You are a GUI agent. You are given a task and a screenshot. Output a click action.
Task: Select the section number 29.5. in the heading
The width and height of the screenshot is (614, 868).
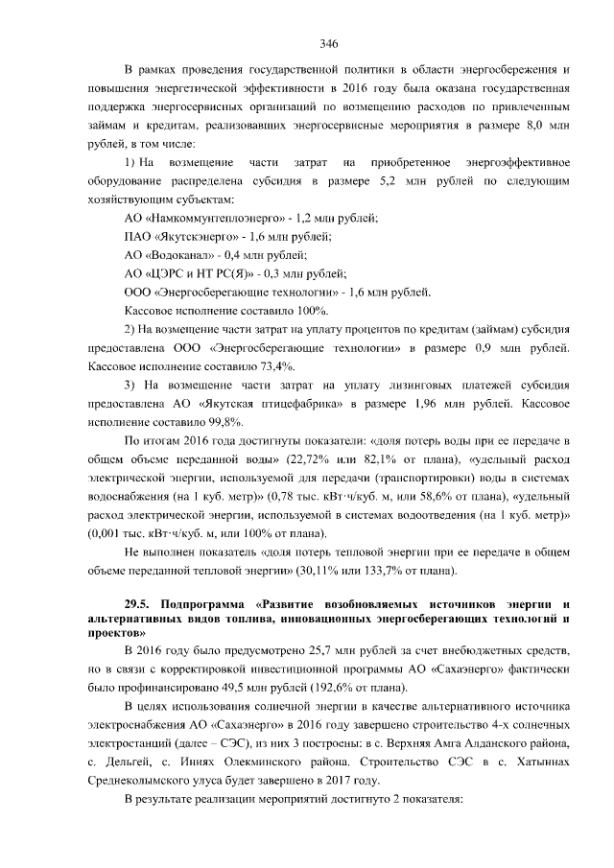[x=143, y=604]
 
